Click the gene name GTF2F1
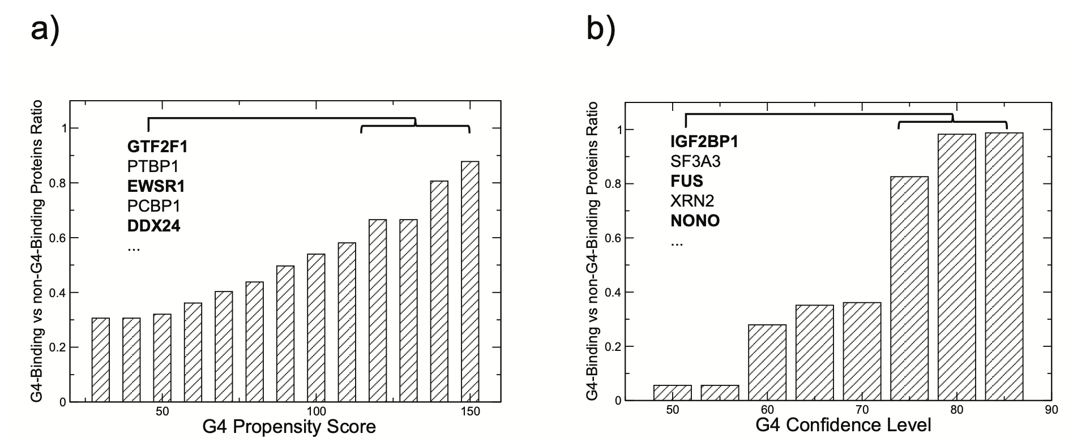157,147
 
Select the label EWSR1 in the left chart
156,186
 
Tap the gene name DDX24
153,226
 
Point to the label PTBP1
153,167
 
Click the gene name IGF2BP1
704,141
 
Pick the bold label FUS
687,181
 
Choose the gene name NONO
695,220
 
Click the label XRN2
692,201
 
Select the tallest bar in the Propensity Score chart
470,281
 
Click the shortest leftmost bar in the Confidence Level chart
672,393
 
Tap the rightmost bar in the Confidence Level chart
1004,267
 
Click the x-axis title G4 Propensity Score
289,426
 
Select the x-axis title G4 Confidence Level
843,425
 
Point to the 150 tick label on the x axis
470,411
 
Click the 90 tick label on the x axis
1051,410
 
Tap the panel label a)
44,29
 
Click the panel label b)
600,29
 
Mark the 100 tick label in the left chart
316,411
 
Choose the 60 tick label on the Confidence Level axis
767,410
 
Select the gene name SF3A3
695,162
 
